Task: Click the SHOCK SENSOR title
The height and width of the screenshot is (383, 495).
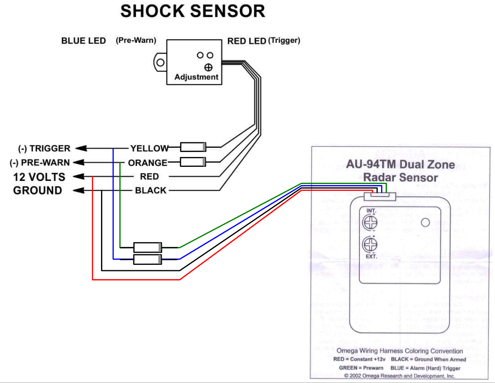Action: [x=192, y=11]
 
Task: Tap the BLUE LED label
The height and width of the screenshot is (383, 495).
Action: [x=83, y=41]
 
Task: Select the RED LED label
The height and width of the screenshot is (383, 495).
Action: [x=247, y=41]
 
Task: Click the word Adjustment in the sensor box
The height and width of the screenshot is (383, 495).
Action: [x=196, y=77]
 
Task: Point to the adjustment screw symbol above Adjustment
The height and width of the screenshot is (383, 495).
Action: [x=208, y=67]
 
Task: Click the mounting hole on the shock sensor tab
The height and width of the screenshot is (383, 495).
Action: [x=160, y=62]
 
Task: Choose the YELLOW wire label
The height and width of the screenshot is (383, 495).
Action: [x=149, y=149]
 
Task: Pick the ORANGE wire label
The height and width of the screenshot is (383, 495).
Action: [x=147, y=163]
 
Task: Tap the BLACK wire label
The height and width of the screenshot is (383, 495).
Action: [x=150, y=191]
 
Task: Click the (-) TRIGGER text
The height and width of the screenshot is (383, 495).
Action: [x=44, y=149]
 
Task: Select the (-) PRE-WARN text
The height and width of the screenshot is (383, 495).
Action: [x=40, y=163]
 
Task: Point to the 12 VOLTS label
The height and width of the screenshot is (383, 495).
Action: [x=39, y=177]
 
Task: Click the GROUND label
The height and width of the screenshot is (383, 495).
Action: [x=38, y=191]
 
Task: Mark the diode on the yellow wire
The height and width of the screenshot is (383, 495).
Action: [x=193, y=147]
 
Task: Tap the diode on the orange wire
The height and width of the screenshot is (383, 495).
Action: [x=193, y=161]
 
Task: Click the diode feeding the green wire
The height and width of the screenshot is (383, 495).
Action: [x=148, y=247]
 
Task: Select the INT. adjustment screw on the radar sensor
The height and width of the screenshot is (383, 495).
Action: [x=370, y=222]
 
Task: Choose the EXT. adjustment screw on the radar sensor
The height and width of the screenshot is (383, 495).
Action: [x=370, y=245]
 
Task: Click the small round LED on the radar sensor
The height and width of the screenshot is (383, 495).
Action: [x=425, y=222]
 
